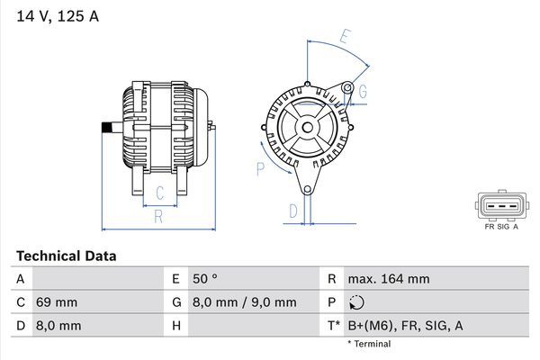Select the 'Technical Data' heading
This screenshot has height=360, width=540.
coord(66,256)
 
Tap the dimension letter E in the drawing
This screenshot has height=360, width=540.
coord(345,37)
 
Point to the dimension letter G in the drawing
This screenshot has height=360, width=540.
coord(362,91)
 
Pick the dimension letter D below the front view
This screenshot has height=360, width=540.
coord(292,211)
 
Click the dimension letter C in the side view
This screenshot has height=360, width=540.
coord(158,192)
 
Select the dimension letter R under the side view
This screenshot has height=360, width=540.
coord(157,216)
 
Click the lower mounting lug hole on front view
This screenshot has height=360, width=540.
coord(306,189)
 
